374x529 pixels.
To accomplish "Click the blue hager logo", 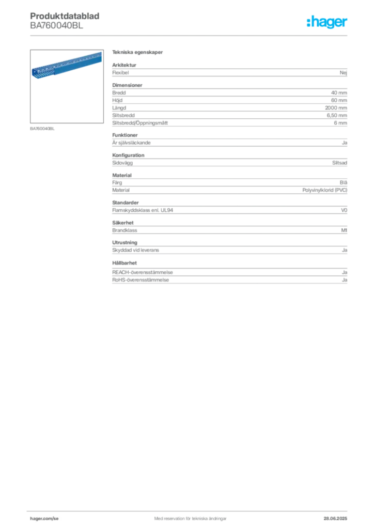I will tap(328, 23).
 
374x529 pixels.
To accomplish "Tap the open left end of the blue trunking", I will tap(35, 73).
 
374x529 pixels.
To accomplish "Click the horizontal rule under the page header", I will tap(190, 35).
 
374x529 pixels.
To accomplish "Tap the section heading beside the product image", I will tap(138, 53).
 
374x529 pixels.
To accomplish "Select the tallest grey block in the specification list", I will tap(229, 106).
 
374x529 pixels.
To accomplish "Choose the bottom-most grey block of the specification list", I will tap(229, 274).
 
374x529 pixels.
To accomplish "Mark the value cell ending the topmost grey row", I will tap(345, 72).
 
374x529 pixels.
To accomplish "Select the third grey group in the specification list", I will tap(229, 142).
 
